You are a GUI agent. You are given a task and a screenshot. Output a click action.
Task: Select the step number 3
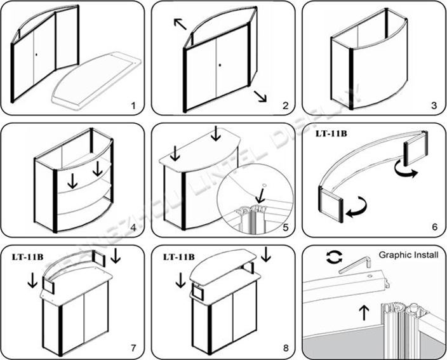434,105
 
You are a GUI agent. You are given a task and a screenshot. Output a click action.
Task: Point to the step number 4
134,227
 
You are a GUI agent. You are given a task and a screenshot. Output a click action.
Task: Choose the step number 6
434,227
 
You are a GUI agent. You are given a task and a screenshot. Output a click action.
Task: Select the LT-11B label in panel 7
27,257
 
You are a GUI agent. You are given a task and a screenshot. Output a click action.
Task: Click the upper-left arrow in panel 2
180,25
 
